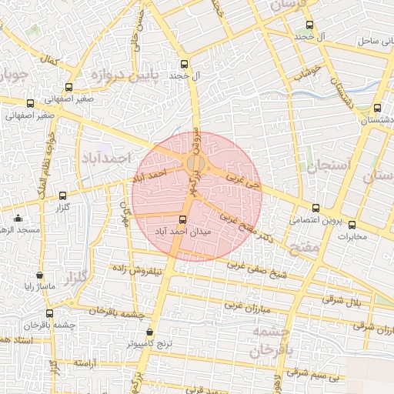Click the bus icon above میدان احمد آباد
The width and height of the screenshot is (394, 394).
point(182,219)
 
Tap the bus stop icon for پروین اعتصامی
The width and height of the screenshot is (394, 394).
point(316,208)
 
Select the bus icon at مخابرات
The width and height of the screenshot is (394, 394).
point(352,225)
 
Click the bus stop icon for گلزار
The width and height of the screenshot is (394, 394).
point(62,195)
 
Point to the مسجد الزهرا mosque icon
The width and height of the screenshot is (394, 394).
point(18,219)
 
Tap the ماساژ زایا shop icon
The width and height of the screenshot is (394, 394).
point(39,275)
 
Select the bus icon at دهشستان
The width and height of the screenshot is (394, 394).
point(377,109)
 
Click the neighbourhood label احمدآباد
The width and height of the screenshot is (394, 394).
point(106,157)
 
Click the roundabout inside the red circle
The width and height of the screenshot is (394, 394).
point(196,164)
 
